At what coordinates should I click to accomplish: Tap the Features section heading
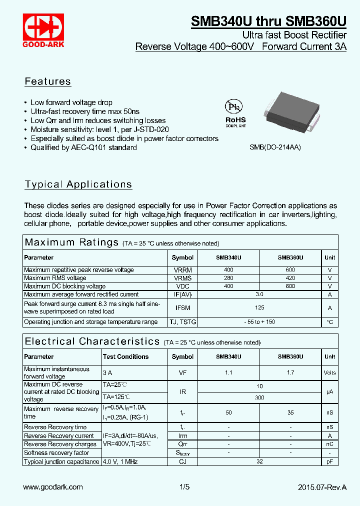(48, 81)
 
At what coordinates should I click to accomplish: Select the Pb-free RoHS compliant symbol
(235, 113)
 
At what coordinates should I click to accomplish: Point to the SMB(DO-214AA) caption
(275, 148)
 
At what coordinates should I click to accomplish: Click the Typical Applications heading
(78, 184)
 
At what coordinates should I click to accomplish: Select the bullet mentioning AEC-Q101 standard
(83, 147)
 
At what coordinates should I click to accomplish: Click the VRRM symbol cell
(182, 270)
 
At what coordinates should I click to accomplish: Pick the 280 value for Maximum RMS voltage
(228, 278)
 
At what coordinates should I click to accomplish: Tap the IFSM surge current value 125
(259, 307)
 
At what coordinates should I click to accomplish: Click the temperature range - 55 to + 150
(259, 322)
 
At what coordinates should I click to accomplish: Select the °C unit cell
(329, 322)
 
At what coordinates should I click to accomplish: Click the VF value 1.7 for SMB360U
(290, 372)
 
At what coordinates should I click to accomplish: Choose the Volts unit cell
(329, 372)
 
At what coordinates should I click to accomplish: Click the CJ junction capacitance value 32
(259, 462)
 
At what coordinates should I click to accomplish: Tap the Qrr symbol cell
(182, 444)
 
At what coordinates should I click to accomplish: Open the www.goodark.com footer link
(53, 487)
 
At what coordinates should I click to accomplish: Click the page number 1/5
(184, 487)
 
